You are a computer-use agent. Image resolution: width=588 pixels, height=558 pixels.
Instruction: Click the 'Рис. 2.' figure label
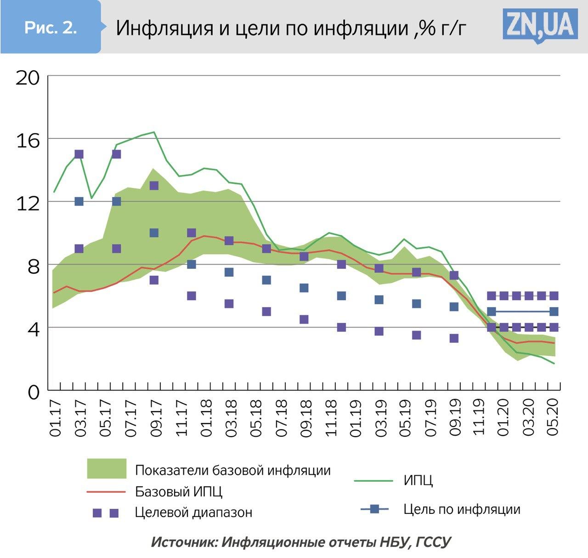[51, 28]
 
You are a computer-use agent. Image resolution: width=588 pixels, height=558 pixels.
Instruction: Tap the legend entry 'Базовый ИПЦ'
[179, 491]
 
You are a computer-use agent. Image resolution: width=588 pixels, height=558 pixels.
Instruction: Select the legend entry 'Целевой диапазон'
[193, 512]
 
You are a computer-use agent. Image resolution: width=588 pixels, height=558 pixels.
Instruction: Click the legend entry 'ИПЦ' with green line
[418, 481]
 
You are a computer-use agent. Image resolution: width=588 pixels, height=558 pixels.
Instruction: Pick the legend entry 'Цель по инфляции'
[462, 509]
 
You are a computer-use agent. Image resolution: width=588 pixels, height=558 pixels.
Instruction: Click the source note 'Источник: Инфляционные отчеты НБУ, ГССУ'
[301, 542]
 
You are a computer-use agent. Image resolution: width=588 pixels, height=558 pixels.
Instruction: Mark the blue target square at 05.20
[554, 312]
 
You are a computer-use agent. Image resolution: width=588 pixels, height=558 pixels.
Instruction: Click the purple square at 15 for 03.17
[79, 154]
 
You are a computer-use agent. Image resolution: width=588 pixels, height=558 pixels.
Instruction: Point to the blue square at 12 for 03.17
[79, 201]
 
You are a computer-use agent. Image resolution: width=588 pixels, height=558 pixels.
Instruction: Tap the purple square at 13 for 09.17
[154, 186]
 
